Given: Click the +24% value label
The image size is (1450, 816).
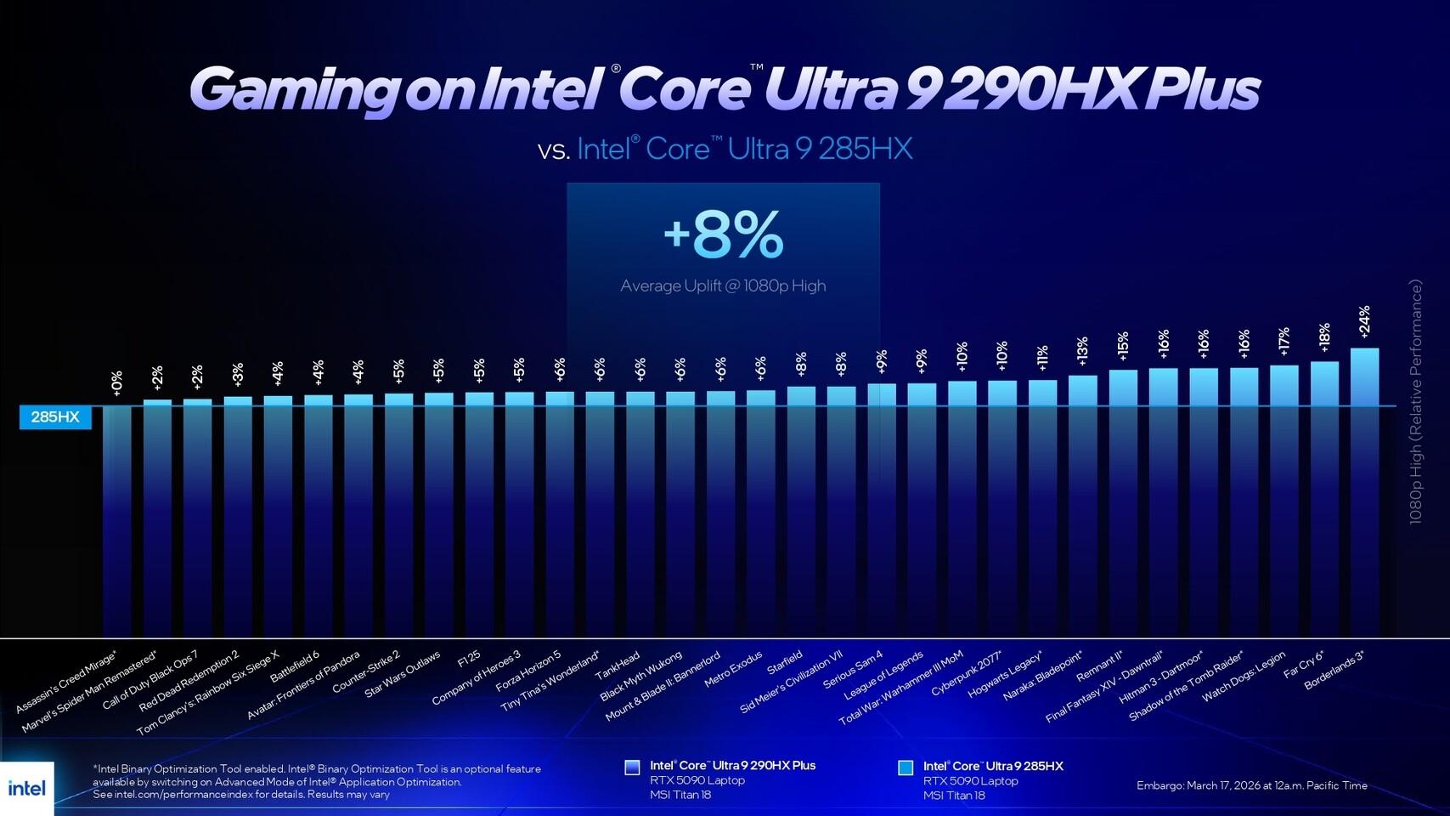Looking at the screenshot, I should (x=1364, y=322).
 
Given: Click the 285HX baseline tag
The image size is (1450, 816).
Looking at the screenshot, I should (x=55, y=416).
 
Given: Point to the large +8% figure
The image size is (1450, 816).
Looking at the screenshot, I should (x=723, y=235).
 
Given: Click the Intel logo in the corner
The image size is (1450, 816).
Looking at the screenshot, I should (x=26, y=788).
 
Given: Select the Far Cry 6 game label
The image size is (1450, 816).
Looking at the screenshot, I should (x=1303, y=664).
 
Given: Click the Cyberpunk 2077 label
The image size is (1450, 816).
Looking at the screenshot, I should (x=966, y=674).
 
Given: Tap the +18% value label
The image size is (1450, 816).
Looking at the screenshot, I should (x=1324, y=337).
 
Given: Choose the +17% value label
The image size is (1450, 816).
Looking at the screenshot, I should (x=1284, y=340).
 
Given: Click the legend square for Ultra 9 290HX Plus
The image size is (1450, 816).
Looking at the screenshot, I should (x=632, y=767).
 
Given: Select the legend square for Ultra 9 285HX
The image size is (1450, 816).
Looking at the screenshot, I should (x=906, y=767).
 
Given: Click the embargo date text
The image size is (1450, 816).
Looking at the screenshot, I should (x=1251, y=785).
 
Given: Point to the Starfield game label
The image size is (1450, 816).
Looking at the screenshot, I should (x=784, y=662).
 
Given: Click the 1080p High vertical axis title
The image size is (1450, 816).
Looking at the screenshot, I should (x=1415, y=403).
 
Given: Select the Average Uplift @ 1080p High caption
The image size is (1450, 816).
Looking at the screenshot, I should (x=723, y=286).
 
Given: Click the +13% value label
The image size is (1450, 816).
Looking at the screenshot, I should (x=1082, y=350).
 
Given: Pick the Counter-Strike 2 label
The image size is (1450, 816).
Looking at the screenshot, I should (x=366, y=671).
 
